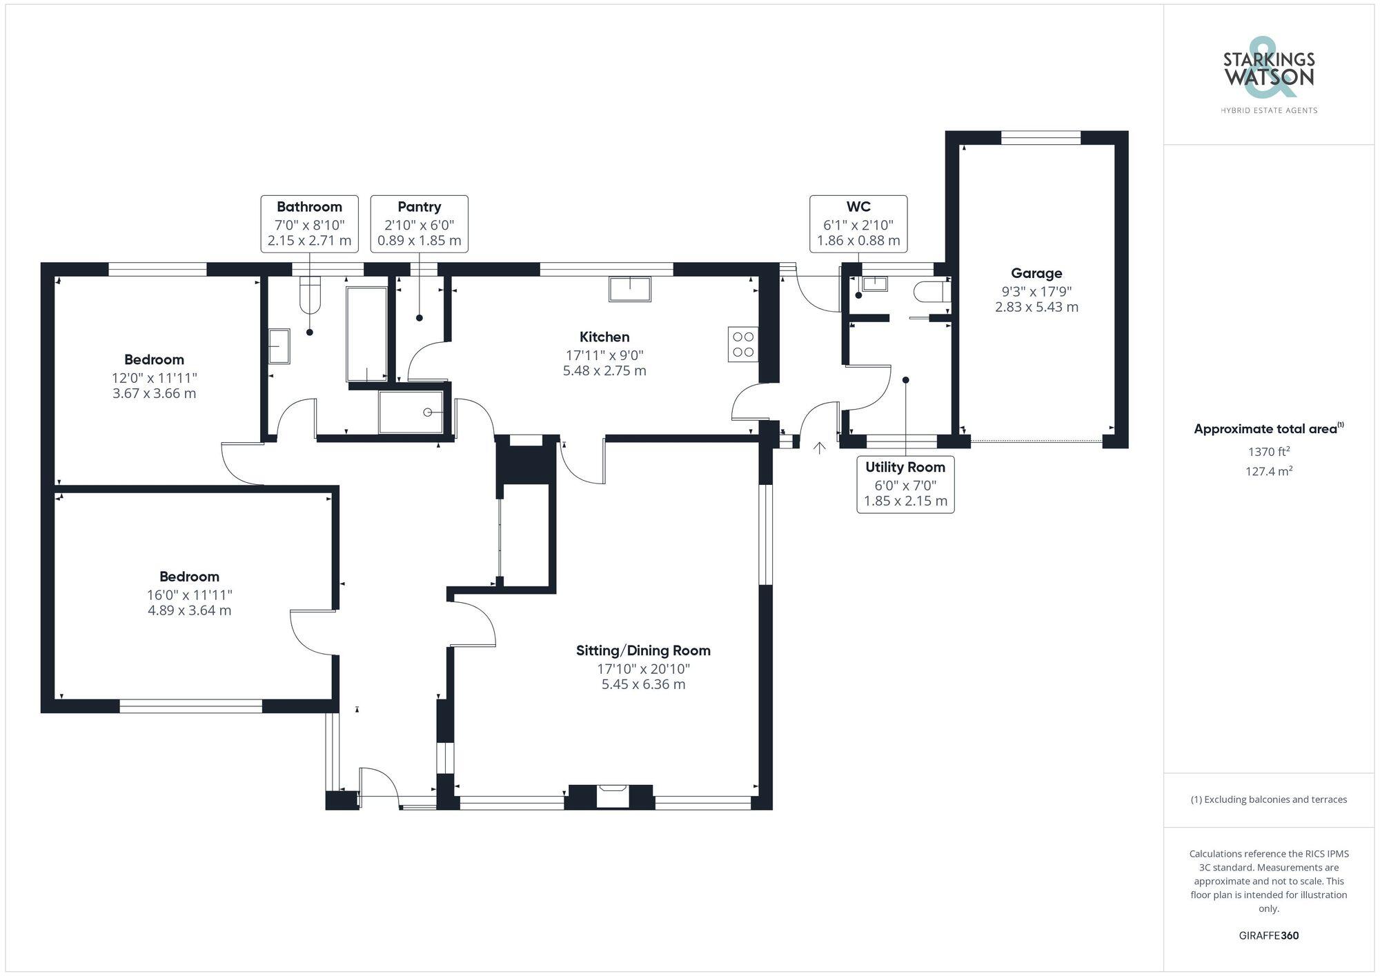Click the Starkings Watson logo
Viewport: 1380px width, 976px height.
point(1269,75)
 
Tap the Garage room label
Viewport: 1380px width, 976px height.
point(1036,273)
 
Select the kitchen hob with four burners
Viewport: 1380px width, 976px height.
point(743,344)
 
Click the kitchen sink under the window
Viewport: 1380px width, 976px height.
point(629,289)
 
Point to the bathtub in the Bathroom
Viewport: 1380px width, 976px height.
point(366,334)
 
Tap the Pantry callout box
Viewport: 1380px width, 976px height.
point(420,223)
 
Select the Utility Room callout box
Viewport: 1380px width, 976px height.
point(905,484)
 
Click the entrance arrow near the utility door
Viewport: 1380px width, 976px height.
point(819,448)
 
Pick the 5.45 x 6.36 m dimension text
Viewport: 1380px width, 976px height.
point(643,684)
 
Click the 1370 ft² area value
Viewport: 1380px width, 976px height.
point(1269,452)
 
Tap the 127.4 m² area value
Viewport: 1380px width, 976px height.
point(1269,471)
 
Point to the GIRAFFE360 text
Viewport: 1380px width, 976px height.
point(1268,935)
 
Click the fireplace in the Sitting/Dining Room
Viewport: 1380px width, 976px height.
point(612,795)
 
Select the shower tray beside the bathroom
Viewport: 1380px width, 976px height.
point(411,412)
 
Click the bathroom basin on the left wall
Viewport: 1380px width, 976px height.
point(279,346)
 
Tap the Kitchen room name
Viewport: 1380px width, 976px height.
point(604,337)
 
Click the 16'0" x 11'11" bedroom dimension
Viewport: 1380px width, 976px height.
point(189,595)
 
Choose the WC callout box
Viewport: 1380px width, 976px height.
point(858,223)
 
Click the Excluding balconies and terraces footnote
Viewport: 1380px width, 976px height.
point(1268,799)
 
